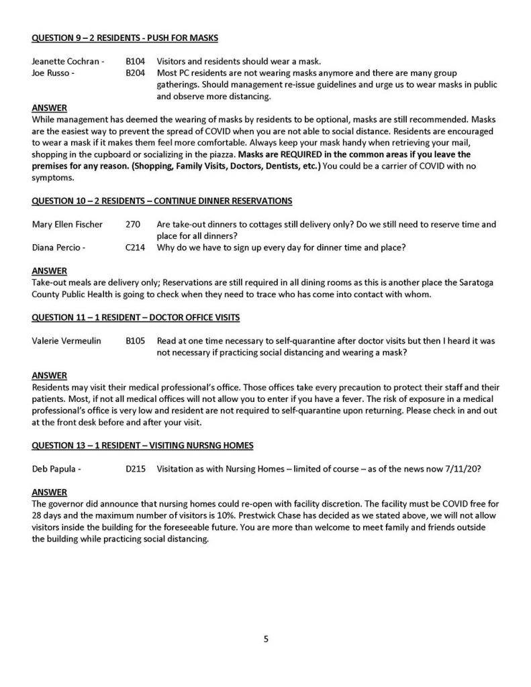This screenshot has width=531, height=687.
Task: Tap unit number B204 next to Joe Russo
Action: (134, 73)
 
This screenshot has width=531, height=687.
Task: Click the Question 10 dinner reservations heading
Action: (161, 201)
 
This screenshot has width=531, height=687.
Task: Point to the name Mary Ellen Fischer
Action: (67, 224)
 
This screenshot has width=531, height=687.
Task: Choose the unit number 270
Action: (132, 224)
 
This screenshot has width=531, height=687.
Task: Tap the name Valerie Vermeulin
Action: (66, 341)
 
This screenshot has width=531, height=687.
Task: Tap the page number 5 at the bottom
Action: (266, 639)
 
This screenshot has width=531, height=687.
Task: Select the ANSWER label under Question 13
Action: (49, 491)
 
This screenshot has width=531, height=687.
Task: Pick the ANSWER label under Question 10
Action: (49, 270)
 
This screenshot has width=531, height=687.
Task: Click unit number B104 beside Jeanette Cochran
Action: (134, 62)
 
